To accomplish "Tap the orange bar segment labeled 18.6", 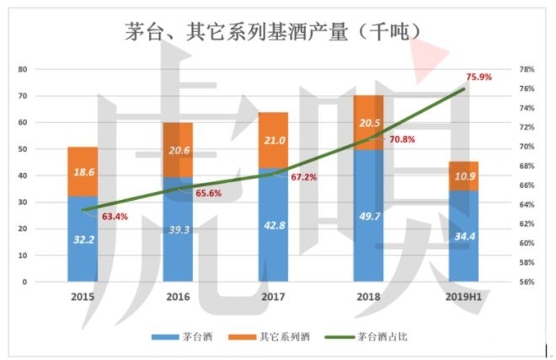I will pos(83,171).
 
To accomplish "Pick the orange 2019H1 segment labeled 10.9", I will pos(463,175).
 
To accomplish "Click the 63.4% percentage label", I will pos(115,217).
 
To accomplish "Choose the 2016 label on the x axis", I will pos(178,298).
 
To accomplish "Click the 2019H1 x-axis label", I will pos(464,298).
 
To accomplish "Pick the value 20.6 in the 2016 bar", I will pos(178,150).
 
